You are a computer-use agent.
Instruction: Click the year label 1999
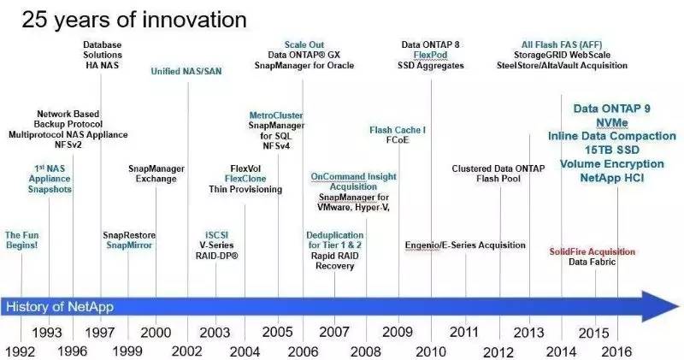(x=127, y=351)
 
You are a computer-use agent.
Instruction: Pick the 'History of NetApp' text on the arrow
(x=60, y=306)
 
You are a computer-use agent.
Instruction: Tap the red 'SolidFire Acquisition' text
(x=593, y=251)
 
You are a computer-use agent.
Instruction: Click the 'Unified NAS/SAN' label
(x=186, y=71)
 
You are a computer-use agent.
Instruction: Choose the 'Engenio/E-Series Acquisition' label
(x=465, y=245)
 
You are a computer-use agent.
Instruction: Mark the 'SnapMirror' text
(x=129, y=245)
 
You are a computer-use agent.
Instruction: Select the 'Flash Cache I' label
(x=398, y=130)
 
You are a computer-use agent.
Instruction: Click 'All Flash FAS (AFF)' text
(x=560, y=44)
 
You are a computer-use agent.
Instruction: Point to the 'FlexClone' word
(x=245, y=179)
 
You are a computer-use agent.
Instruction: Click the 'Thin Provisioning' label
(x=245, y=190)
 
